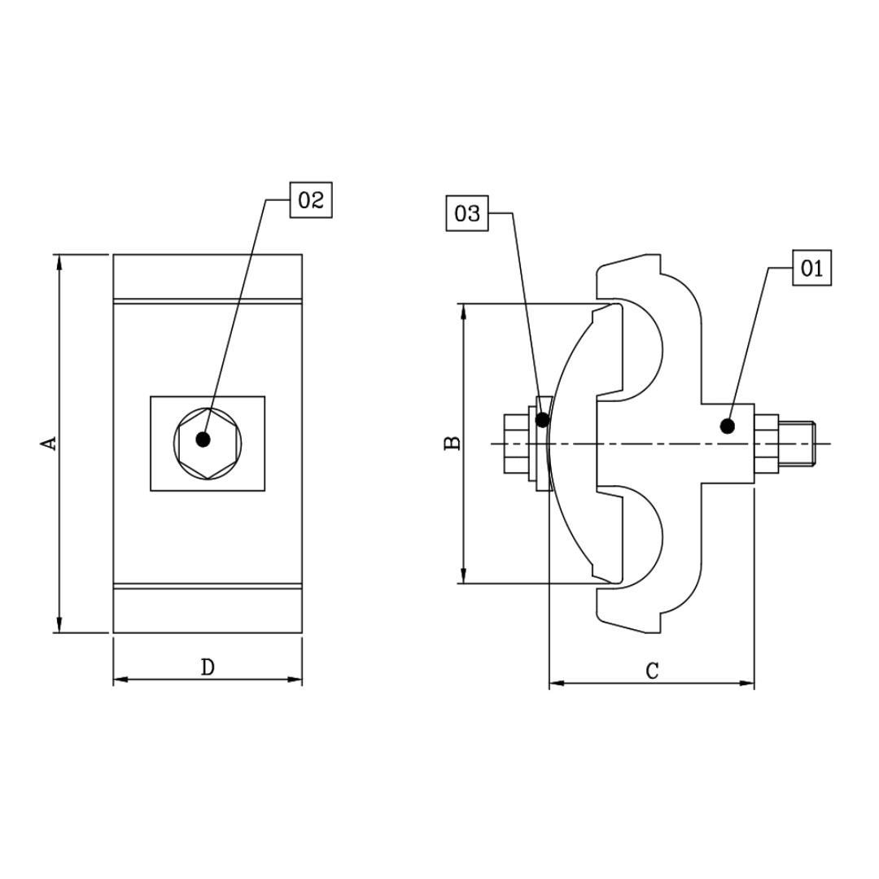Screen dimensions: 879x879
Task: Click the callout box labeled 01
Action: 811,269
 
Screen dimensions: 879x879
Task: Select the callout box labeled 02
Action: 311,200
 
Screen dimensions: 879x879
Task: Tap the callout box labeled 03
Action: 467,214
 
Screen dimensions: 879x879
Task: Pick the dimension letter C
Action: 651,671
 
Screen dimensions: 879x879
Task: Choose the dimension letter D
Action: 208,668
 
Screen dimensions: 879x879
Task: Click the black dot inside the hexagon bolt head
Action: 203,439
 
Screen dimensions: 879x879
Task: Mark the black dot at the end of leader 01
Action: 728,425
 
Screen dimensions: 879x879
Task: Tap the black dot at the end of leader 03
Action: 543,420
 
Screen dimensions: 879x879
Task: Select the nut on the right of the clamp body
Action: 766,444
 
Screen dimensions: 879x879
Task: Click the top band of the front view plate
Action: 208,277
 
